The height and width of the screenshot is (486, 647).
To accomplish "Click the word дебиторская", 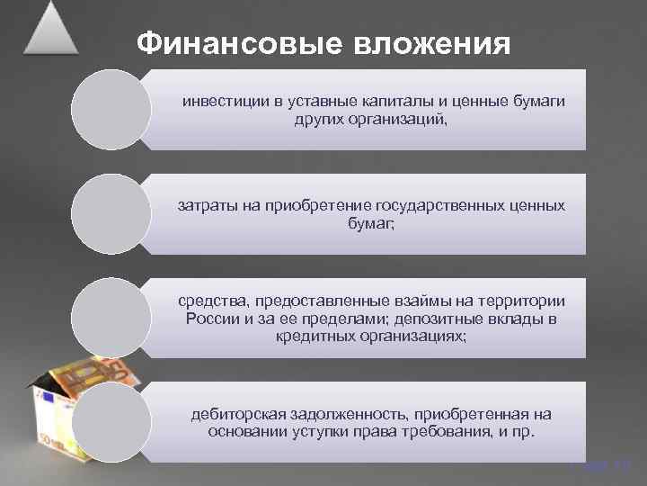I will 237,414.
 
